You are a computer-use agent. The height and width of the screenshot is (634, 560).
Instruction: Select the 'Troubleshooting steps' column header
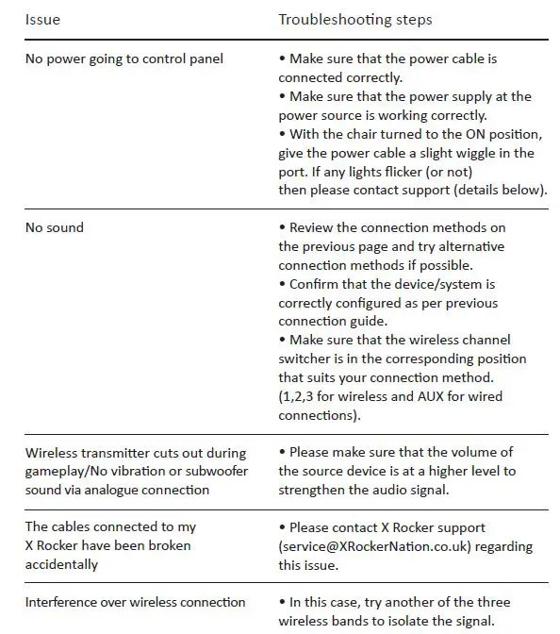[354, 19]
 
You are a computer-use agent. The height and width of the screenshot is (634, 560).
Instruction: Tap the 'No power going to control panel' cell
[124, 58]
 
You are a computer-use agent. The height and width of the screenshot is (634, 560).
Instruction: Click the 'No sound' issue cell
[55, 227]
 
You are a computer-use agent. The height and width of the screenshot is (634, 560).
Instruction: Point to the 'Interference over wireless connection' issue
[136, 602]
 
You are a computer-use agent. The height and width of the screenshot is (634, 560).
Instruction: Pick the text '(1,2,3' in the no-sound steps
[301, 396]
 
